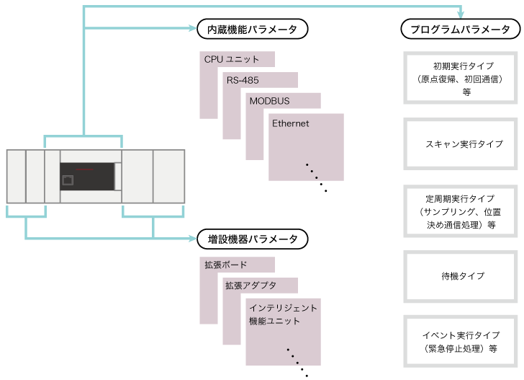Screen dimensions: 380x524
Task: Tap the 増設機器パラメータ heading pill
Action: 253,238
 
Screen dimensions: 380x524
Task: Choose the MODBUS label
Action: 270,101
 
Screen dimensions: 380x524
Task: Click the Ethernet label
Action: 291,123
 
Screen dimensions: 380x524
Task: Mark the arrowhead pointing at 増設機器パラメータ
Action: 194,238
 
